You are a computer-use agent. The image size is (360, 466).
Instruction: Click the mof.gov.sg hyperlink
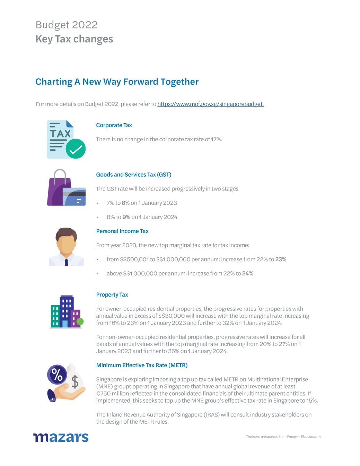210,104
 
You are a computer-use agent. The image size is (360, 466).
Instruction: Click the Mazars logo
61,437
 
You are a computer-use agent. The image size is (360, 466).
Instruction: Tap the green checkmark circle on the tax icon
76,149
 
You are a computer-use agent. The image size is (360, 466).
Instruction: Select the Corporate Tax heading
114,125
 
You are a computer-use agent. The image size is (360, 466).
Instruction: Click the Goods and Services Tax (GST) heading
134,175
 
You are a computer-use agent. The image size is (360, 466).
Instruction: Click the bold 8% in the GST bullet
125,203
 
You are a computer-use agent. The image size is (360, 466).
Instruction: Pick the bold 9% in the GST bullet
126,217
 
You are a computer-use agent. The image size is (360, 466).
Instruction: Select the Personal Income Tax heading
122,231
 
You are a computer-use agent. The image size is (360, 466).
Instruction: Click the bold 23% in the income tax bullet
281,260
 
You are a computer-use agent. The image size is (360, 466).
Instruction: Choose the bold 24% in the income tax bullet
247,274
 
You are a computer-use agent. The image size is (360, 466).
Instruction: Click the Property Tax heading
112,295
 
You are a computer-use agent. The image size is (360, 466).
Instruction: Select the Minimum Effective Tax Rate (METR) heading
142,365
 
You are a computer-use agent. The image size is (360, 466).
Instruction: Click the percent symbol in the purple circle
57,375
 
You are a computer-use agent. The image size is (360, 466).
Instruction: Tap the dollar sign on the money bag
75,382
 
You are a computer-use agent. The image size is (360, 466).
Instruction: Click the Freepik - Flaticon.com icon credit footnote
283,437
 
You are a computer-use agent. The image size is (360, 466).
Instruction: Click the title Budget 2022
67,25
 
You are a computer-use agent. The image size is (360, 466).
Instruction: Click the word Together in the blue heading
179,82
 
